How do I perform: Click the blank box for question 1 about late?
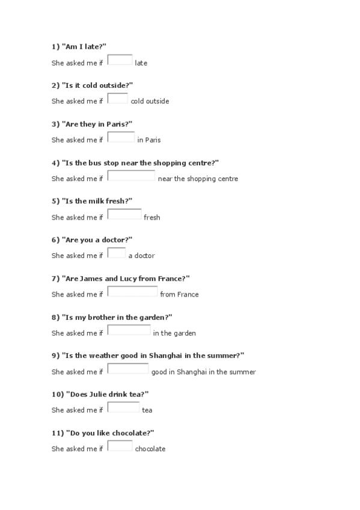coord(120,60)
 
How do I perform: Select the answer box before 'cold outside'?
coord(118,99)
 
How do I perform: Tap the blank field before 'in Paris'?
coord(121,137)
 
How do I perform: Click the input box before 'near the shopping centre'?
coord(131,176)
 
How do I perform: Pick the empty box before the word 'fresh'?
coord(124,214)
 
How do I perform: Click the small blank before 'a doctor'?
coord(117,253)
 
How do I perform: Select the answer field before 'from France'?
coord(132,292)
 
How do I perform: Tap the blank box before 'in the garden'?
coord(129,330)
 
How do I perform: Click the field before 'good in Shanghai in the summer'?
coord(128,369)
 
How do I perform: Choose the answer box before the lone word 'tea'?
coord(123,407)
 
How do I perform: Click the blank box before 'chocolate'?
coord(120,446)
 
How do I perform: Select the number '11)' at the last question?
coord(57,432)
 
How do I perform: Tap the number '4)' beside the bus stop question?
coord(55,162)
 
